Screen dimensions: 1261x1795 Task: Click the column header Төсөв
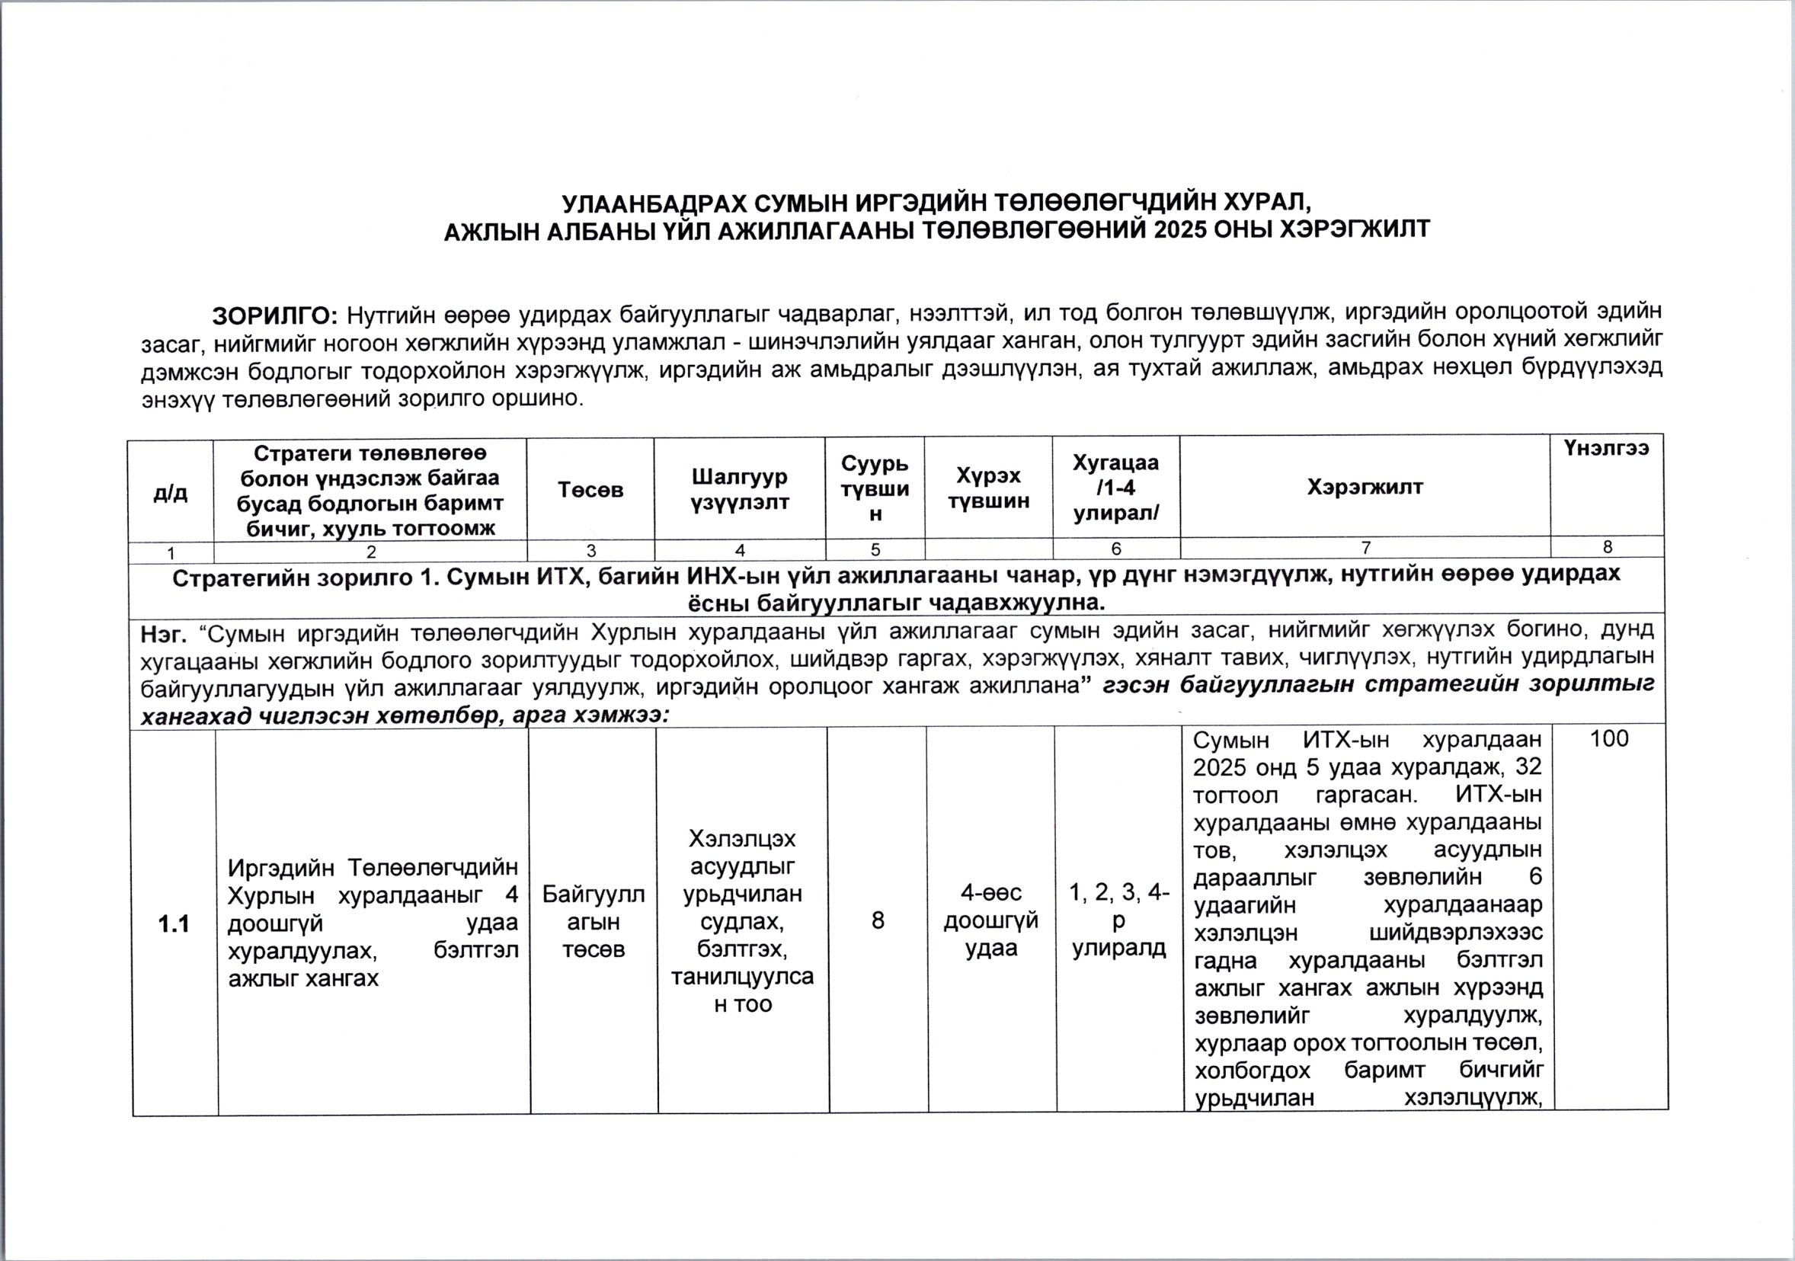click(x=590, y=489)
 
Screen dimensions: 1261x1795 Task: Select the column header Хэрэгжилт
click(x=1365, y=487)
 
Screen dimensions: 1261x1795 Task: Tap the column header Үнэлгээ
click(x=1606, y=447)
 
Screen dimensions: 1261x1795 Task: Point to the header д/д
click(x=171, y=492)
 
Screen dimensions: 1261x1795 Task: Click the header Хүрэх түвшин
click(x=988, y=488)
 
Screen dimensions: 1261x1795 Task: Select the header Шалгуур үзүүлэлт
click(x=740, y=488)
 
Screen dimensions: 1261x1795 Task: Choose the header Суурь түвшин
click(x=875, y=488)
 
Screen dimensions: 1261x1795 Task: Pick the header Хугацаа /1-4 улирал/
click(x=1115, y=488)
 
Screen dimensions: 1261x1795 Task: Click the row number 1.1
click(x=174, y=925)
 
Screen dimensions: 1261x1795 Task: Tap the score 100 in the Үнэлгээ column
click(x=1609, y=739)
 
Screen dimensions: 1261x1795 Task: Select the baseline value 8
click(x=878, y=921)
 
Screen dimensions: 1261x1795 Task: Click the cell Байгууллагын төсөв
click(x=594, y=922)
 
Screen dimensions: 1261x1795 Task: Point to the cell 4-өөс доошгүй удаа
click(x=990, y=921)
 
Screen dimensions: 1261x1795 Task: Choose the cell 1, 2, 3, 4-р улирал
click(x=1118, y=921)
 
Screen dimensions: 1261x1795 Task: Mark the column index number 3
click(x=590, y=550)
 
